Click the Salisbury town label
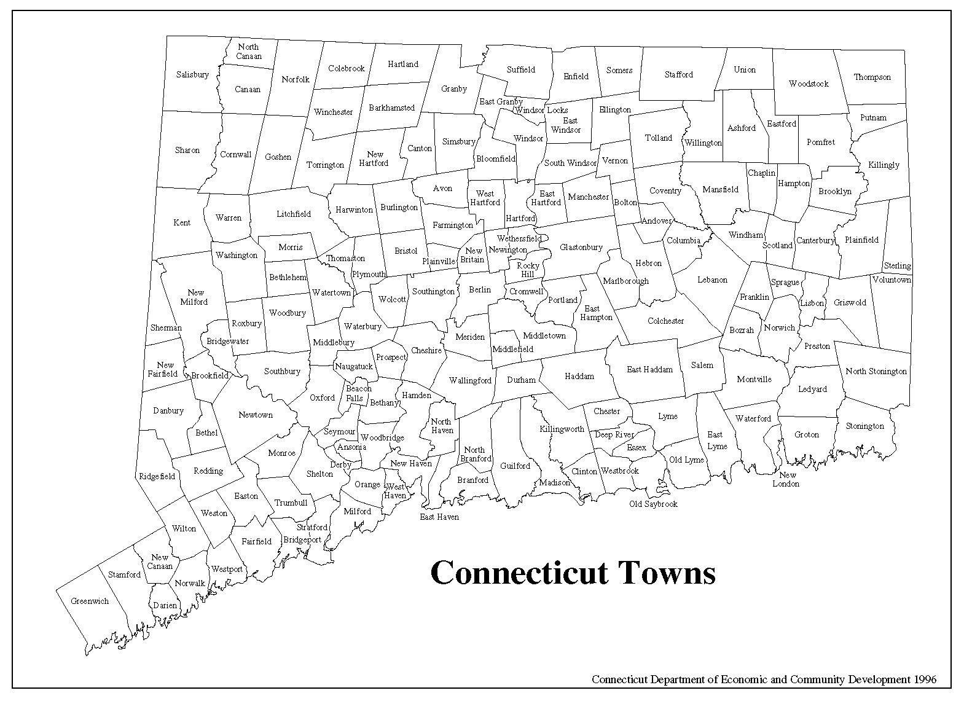[x=192, y=74]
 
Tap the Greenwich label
[x=90, y=601]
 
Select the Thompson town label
[x=872, y=77]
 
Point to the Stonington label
[x=864, y=426]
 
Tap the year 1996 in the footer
[x=925, y=679]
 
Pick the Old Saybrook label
[x=653, y=504]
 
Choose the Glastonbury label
[x=581, y=247]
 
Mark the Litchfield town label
[x=294, y=214]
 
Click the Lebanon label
[x=712, y=280]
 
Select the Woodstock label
[x=809, y=84]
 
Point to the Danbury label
[x=168, y=410]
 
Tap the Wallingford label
[x=470, y=380]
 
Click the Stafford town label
[x=678, y=74]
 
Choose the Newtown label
[x=256, y=415]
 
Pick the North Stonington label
[x=876, y=371]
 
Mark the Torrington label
[x=325, y=165]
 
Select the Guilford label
[x=515, y=466]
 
